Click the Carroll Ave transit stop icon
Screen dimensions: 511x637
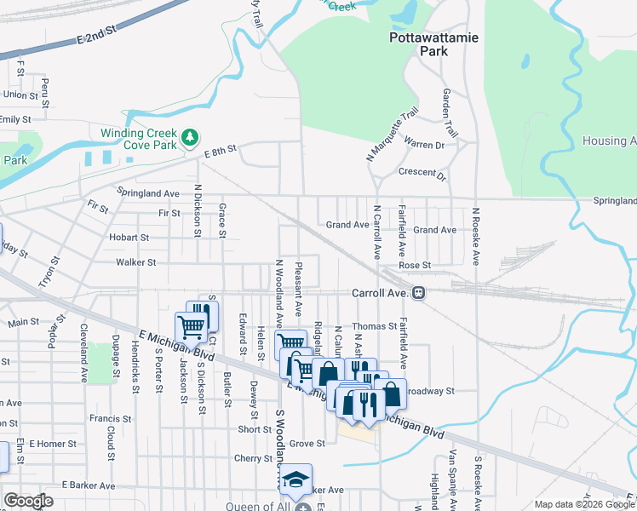[418, 293]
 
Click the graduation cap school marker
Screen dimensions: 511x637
[296, 479]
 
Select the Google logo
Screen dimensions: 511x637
[28, 501]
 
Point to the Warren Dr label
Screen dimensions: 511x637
[424, 145]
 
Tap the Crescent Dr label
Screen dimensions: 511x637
[422, 174]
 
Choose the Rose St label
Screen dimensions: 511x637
[415, 266]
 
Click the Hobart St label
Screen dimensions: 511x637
[129, 238]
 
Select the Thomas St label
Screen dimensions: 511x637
[375, 326]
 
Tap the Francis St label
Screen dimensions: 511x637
[110, 419]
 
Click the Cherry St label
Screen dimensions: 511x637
[252, 458]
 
